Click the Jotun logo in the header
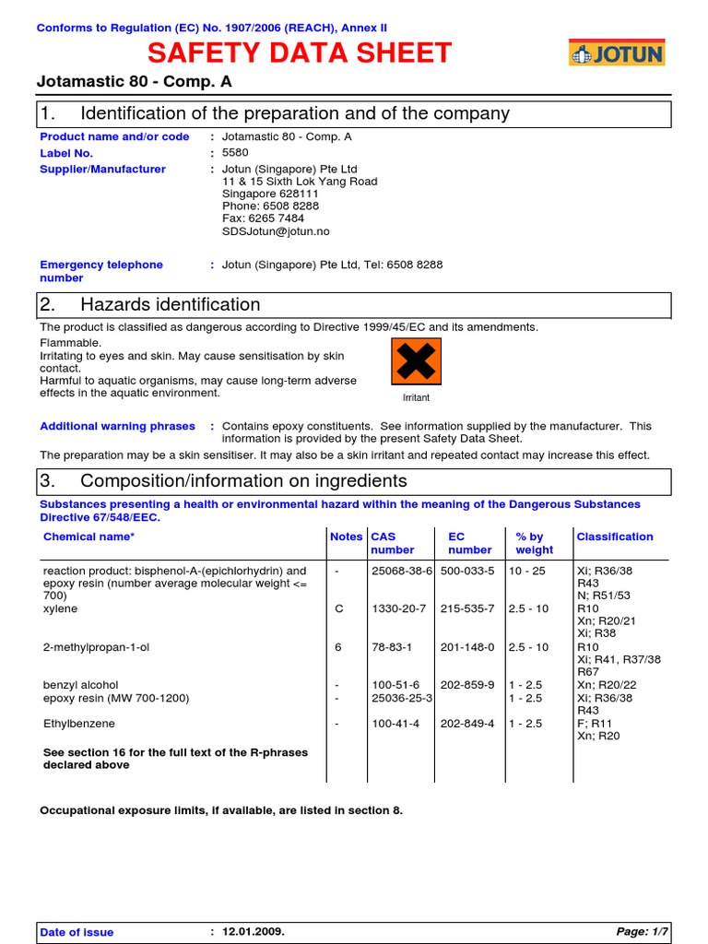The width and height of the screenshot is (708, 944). pos(616,53)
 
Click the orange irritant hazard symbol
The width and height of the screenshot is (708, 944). pos(416,361)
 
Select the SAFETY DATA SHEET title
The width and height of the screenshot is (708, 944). pos(300,53)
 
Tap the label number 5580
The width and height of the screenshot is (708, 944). pos(235,153)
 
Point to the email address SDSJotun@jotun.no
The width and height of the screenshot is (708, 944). pos(276,232)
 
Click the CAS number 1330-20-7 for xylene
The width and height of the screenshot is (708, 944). pos(395,609)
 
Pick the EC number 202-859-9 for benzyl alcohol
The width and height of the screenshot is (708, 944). pos(467,685)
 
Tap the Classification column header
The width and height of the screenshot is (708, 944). pos(615,537)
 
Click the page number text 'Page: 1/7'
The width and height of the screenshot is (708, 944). pos(643,932)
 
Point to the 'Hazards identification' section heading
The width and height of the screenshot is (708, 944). pos(171,304)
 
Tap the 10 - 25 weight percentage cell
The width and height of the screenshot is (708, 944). pos(527,572)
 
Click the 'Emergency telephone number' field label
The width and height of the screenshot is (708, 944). pos(101,271)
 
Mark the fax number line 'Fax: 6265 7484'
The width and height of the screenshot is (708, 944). pos(263,219)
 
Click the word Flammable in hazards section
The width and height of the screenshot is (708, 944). pos(71,343)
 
